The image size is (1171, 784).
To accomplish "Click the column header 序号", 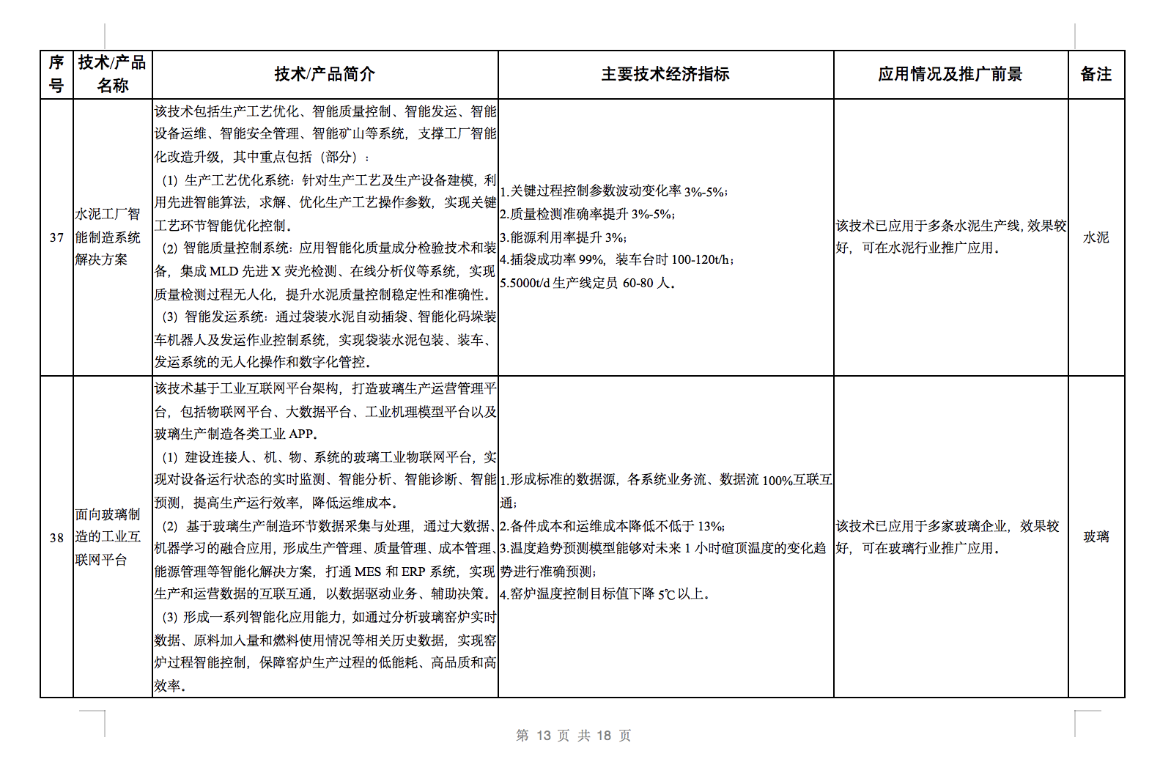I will click(x=56, y=74).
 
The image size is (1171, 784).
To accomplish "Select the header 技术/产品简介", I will click(x=325, y=74).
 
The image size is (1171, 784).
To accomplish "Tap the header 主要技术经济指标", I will click(x=665, y=74).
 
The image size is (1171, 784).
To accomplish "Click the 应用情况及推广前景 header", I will click(x=950, y=74).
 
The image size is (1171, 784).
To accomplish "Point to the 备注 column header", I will click(x=1096, y=74).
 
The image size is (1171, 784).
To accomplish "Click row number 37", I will click(x=56, y=237).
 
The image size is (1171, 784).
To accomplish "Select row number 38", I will click(x=56, y=537).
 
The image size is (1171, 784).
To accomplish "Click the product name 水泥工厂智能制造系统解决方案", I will click(x=108, y=237).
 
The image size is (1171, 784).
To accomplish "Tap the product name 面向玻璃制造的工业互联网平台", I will click(x=108, y=536).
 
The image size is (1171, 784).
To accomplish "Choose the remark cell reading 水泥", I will click(x=1096, y=237).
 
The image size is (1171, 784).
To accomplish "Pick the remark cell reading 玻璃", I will click(x=1096, y=536).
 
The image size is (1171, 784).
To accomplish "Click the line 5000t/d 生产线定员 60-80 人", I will click(x=587, y=283).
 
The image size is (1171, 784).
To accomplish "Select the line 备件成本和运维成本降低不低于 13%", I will click(x=613, y=526).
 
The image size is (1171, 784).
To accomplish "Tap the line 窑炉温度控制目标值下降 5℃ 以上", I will click(x=605, y=593).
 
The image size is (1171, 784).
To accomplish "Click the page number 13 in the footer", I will click(x=543, y=735).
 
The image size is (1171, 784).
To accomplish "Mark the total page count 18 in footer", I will click(x=604, y=735).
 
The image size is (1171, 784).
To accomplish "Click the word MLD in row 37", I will click(x=224, y=271).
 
